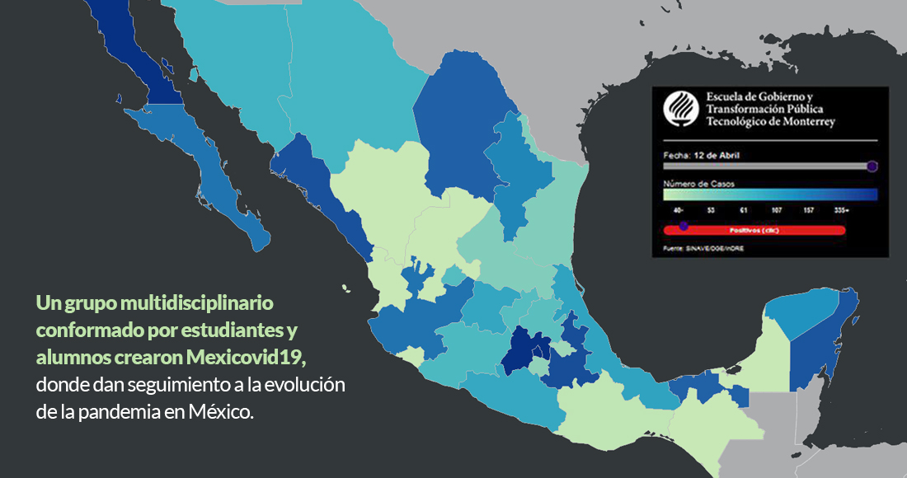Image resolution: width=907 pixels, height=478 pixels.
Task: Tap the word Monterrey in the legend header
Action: pos(805,122)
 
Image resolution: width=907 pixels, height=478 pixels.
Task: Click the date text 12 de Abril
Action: pos(718,155)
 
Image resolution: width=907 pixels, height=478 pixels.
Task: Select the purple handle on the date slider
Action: pos(872,166)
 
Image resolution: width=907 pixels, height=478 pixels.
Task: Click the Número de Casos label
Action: pos(698,183)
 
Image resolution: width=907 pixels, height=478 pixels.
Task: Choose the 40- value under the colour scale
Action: pos(677,211)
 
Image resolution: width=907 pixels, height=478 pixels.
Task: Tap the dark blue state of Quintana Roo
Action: pos(821,346)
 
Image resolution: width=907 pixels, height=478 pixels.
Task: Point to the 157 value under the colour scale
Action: pos(808,211)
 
